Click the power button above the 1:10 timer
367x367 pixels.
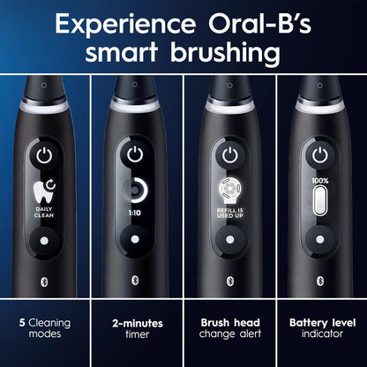(135, 154)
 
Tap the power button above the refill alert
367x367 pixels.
(228, 154)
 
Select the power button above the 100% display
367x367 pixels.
(320, 154)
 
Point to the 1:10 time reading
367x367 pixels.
(135, 213)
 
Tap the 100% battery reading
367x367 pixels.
(320, 181)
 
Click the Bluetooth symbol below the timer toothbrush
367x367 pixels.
(135, 279)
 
